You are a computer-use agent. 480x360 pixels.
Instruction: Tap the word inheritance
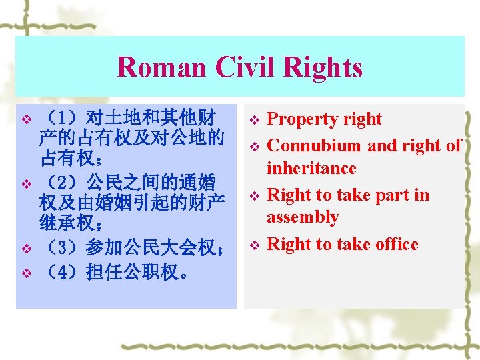click(x=311, y=168)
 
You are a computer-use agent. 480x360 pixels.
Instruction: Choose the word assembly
click(x=303, y=217)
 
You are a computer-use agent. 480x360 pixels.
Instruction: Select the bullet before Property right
click(x=253, y=121)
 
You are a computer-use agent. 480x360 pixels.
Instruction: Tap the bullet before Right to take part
click(x=253, y=196)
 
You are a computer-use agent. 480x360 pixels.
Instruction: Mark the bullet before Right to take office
click(x=253, y=245)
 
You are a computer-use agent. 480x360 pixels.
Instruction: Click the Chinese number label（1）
click(x=61, y=120)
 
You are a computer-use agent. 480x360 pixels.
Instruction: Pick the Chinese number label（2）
click(x=61, y=181)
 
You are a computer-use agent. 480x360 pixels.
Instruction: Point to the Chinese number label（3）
click(x=61, y=248)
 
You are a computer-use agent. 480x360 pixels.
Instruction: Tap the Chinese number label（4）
click(x=61, y=273)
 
